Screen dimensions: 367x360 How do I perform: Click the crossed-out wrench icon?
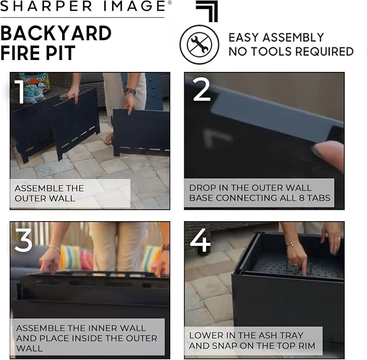pos(199,44)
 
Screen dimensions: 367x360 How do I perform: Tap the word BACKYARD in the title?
pos(56,34)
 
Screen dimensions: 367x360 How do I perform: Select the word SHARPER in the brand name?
pos(46,6)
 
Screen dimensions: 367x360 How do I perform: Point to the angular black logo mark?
pos(208,11)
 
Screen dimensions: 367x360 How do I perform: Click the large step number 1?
pos(19,91)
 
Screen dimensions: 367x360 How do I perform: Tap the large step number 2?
pos(202,90)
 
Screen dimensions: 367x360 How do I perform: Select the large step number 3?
pos(23,239)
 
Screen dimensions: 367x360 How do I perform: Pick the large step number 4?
pos(200,241)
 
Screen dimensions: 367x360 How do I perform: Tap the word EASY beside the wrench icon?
pos(244,37)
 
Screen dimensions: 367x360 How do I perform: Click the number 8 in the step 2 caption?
pos(302,198)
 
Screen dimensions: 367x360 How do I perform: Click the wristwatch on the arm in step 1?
pos(131,91)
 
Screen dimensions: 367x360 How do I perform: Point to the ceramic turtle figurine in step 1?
pos(35,94)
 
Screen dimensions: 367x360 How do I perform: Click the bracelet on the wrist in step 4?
pos(293,243)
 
